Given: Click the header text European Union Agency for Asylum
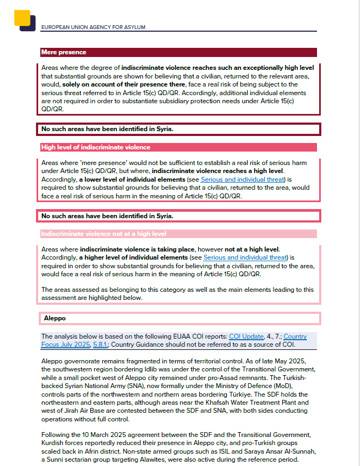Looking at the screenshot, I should pos(93,27).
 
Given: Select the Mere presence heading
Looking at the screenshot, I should pos(63,52).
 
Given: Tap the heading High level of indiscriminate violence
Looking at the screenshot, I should pos(96,147).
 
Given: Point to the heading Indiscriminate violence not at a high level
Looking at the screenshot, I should pos(104,234).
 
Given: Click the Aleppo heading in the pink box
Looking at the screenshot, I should pos(55,318).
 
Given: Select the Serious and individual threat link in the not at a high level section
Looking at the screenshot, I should pos(246,258).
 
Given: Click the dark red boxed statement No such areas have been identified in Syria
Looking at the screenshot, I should pos(107,129).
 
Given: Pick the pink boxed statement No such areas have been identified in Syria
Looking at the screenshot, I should pos(107,216).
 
